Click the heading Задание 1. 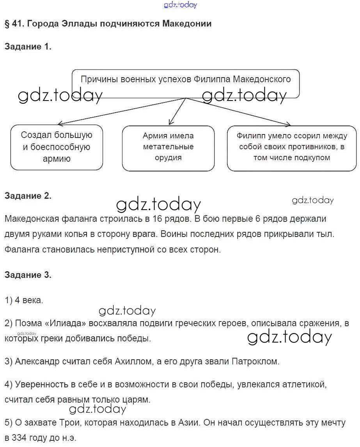coord(28,47)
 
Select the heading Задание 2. coord(28,196)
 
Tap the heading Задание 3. coord(28,275)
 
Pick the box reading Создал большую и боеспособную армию coord(57,147)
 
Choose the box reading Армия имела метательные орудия coord(168,147)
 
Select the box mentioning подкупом coord(292,147)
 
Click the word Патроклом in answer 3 coord(255,361)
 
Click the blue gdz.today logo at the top coord(181,5)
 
